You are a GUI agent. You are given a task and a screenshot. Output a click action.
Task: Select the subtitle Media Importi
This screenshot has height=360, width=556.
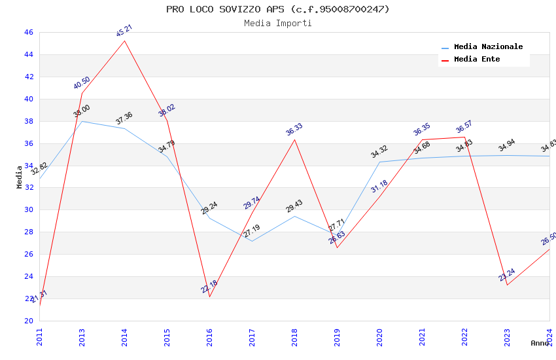click(277, 23)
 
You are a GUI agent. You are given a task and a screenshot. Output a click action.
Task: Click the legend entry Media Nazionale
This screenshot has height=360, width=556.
click(488, 47)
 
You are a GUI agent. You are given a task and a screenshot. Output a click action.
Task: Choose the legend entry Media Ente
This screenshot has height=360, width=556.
click(477, 60)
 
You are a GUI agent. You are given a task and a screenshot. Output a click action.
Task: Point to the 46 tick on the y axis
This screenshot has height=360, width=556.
click(28, 33)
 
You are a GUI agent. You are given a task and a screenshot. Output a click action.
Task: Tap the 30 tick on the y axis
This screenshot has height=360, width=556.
click(28, 210)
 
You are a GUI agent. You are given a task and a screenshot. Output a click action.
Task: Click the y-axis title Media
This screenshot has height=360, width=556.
click(20, 177)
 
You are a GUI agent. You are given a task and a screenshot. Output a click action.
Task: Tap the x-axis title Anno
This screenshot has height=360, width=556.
click(540, 343)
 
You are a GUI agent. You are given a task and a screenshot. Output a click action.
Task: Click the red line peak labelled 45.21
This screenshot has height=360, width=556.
click(124, 41)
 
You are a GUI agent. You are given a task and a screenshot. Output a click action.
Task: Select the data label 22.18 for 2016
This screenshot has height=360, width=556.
click(209, 286)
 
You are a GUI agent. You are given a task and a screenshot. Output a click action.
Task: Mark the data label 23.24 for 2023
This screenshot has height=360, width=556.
click(507, 274)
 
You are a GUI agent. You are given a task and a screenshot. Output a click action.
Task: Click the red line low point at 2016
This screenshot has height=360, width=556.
click(209, 297)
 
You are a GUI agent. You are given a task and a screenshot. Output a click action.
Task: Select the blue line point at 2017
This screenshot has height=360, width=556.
click(252, 241)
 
